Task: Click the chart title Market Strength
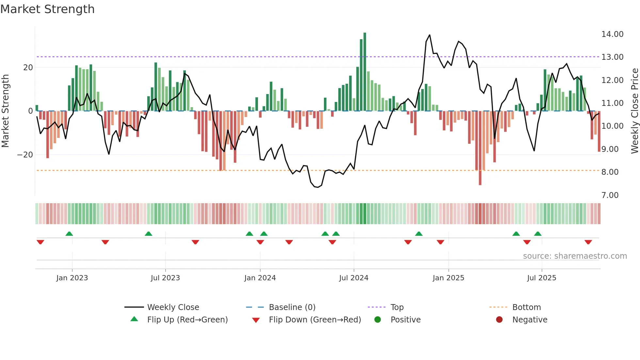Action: pos(47,9)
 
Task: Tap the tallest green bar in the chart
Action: pos(365,72)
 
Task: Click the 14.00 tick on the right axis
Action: pos(612,34)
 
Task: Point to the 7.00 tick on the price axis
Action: pos(610,195)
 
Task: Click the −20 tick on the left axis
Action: pos(25,155)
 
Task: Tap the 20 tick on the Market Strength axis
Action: pos(28,68)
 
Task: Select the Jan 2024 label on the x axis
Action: pos(260,278)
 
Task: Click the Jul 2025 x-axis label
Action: pos(541,278)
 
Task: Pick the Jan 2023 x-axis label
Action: pos(72,278)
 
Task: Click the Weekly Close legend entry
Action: pos(173,307)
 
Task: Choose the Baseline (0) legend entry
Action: pos(292,307)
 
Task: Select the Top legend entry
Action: pos(397,307)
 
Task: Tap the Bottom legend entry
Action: pos(526,307)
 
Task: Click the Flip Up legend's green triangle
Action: pos(134,319)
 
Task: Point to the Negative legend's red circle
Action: pos(499,319)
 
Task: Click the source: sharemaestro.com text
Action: pos(575,256)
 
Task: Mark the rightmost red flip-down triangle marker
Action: pos(588,242)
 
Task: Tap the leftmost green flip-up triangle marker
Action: pos(69,234)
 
